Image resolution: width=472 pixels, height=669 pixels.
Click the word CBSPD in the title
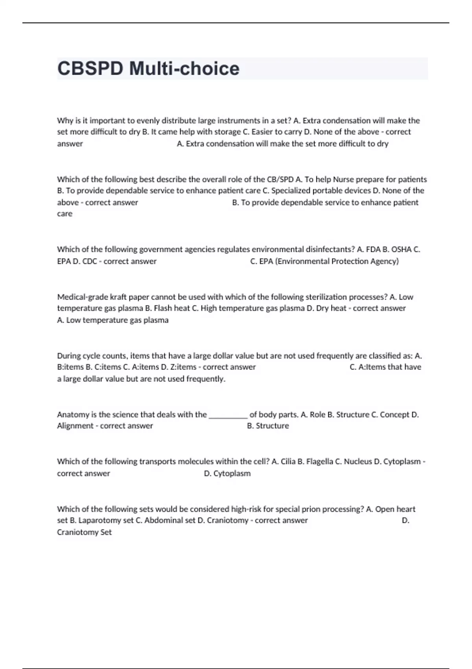click(x=90, y=69)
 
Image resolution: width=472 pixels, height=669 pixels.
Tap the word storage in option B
click(x=227, y=132)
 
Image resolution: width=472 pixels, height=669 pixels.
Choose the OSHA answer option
click(x=401, y=249)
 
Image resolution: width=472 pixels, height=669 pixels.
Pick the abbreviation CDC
click(x=90, y=261)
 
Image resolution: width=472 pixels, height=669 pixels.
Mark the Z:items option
click(x=183, y=367)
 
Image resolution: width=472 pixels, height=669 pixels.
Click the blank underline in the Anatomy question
click(x=228, y=415)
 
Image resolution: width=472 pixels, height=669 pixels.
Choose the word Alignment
click(x=75, y=426)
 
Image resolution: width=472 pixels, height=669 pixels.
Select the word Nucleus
click(x=358, y=462)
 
